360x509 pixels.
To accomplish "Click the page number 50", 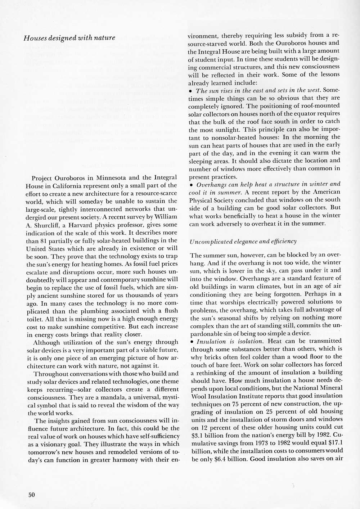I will point(31,495).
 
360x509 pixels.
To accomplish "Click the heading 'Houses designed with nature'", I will point(69,38).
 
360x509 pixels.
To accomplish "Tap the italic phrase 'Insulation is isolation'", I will point(224,341).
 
